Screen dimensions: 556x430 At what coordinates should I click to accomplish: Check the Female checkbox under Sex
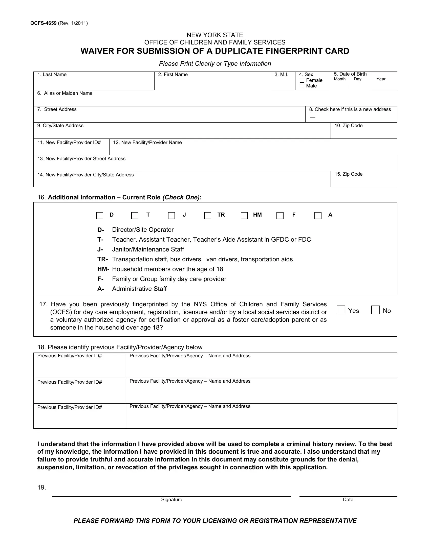302,80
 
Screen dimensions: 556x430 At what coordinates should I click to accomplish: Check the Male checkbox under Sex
302,86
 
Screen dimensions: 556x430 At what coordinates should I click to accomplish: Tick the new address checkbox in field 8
312,115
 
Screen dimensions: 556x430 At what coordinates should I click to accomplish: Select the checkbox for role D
99,216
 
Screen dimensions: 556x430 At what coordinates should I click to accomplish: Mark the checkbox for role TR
208,216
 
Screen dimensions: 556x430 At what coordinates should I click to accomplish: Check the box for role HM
244,216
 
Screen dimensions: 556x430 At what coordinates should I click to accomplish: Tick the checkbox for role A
318,216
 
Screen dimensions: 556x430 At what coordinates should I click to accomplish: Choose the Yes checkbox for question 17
341,310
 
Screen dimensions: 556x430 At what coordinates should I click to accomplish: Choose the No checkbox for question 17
375,310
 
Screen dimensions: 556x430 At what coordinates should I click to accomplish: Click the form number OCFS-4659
43,24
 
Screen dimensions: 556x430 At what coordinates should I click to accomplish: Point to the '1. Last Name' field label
52,75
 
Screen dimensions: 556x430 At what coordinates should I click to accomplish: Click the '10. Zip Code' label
348,126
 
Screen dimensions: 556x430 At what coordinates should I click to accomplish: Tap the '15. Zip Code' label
348,174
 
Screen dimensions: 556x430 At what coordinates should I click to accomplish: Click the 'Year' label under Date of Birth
381,79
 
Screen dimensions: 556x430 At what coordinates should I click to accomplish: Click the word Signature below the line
171,500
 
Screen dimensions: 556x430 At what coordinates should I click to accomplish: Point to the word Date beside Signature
348,500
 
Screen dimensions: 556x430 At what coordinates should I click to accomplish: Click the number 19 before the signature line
41,488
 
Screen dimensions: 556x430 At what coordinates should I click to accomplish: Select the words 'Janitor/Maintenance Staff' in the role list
148,249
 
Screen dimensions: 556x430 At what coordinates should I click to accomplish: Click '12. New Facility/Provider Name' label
147,143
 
